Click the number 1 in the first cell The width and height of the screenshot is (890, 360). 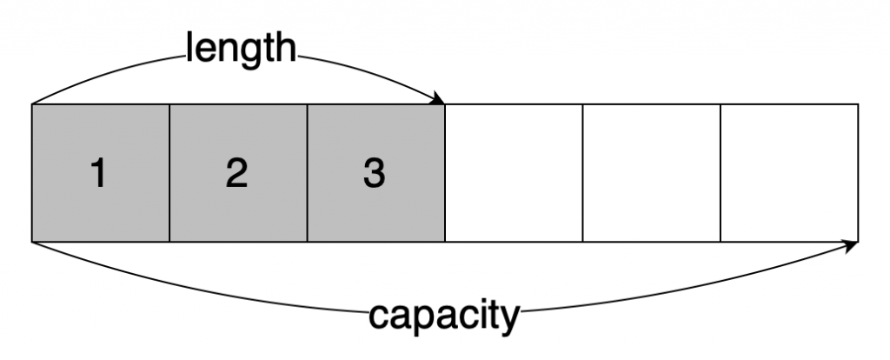click(99, 175)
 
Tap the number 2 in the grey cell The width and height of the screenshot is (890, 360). click(236, 175)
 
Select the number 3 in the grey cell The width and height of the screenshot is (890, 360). click(374, 175)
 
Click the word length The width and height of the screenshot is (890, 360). click(239, 48)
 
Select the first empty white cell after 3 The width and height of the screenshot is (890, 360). click(514, 172)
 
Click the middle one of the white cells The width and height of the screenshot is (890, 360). click(652, 172)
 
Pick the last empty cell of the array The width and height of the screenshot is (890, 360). click(789, 172)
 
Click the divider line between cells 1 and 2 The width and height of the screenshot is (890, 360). click(169, 172)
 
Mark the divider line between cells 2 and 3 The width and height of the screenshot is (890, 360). click(307, 172)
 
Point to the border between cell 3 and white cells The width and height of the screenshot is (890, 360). click(445, 172)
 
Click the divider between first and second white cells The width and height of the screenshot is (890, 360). click(582, 172)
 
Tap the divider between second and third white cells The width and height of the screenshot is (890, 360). click(721, 172)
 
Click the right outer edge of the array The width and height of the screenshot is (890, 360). click(858, 172)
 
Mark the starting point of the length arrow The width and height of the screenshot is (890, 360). click(33, 103)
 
